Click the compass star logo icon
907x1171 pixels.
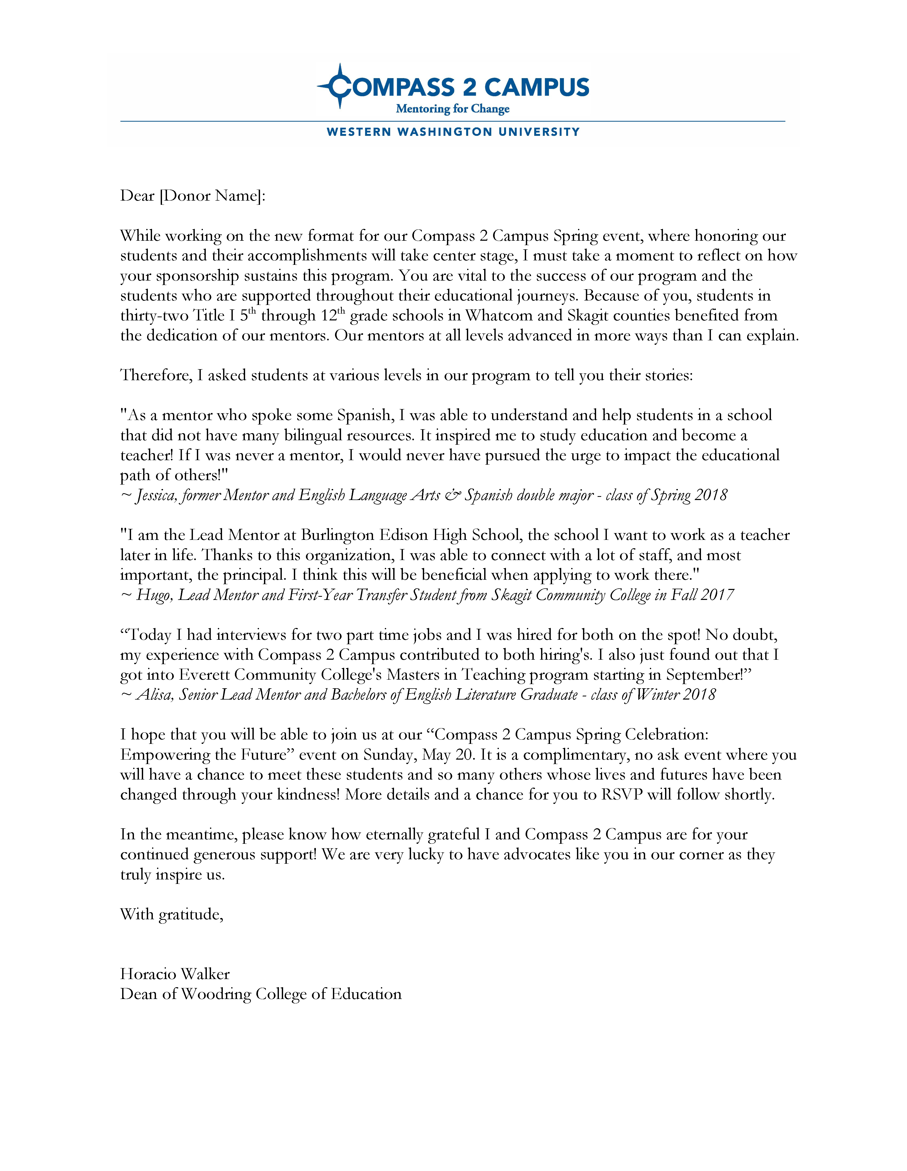tap(339, 86)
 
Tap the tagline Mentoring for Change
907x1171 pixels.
tap(452, 109)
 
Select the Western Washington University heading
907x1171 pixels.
tap(453, 132)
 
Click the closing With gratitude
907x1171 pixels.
tap(171, 914)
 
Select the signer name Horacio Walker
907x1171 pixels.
tap(175, 974)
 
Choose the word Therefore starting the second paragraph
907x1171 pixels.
tap(155, 375)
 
